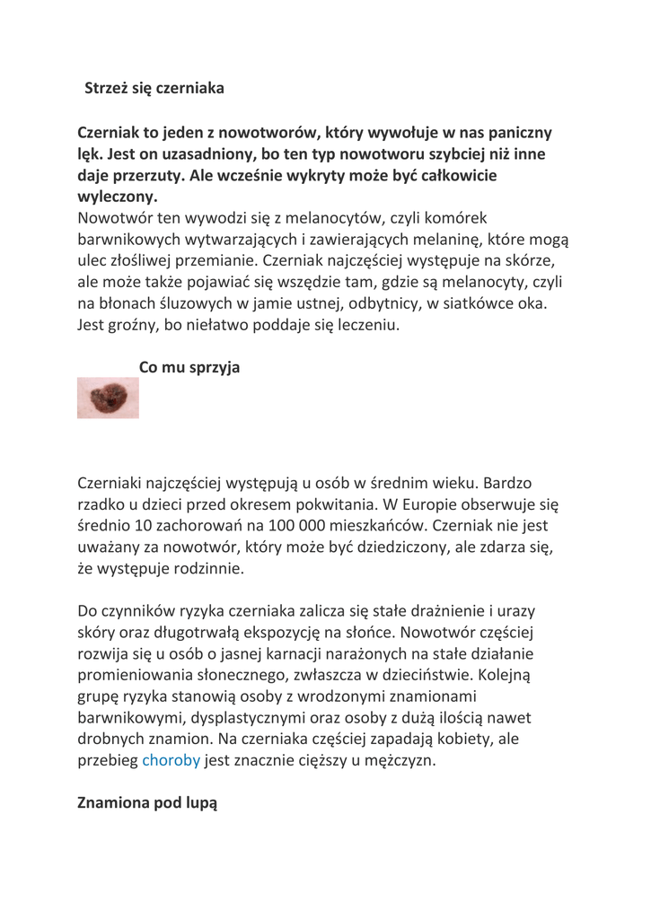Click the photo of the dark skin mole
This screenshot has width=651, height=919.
(108, 398)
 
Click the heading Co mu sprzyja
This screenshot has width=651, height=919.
(189, 368)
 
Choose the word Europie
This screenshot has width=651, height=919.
(470, 505)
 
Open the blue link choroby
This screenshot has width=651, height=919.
(171, 764)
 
